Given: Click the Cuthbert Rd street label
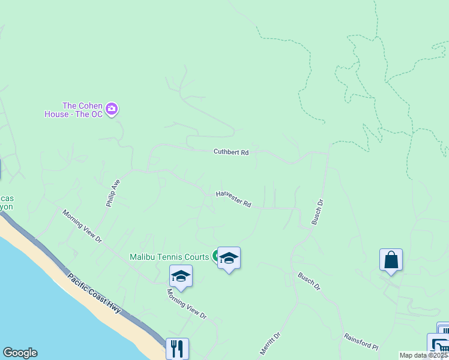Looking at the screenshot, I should [x=231, y=152].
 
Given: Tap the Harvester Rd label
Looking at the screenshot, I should [x=234, y=199].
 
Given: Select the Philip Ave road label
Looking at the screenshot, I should [x=113, y=193].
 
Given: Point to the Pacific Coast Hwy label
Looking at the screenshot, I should [x=94, y=293].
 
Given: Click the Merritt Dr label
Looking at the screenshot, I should [x=270, y=345].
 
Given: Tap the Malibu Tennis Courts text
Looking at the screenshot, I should [x=169, y=257].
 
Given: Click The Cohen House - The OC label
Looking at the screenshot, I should [x=73, y=109].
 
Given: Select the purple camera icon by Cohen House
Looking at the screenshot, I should [x=112, y=109].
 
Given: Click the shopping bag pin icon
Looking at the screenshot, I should [x=391, y=260].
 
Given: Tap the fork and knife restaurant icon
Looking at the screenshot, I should [x=177, y=348].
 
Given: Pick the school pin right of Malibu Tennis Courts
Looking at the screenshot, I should [x=229, y=259].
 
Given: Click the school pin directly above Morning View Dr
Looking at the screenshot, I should [x=181, y=277].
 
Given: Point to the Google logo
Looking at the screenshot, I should [x=20, y=353].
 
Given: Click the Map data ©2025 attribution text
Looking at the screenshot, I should [x=424, y=355].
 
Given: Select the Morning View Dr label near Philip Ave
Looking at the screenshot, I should [x=82, y=226].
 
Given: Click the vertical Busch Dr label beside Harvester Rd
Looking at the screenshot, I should [x=318, y=212].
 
